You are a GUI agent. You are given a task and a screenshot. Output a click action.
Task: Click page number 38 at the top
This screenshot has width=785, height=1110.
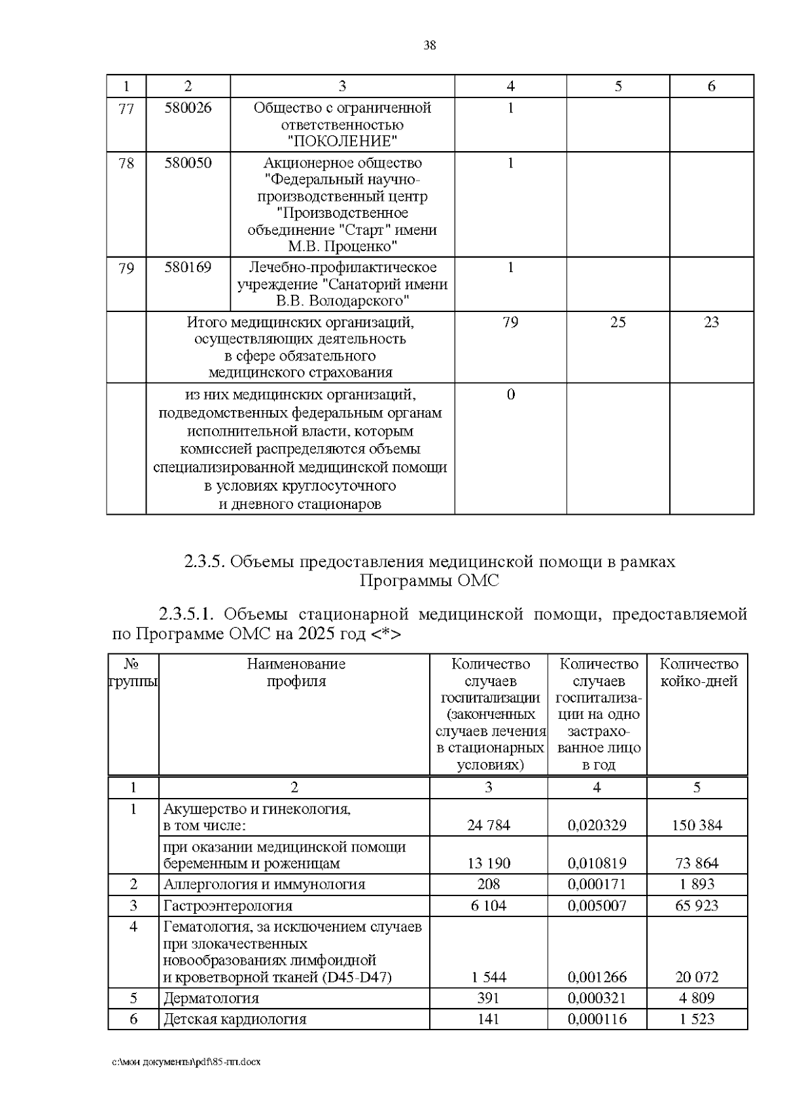tap(429, 45)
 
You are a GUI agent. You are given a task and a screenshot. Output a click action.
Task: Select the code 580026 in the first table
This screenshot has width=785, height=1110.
tap(188, 107)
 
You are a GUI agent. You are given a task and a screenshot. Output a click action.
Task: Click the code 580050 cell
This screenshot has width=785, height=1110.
tap(188, 162)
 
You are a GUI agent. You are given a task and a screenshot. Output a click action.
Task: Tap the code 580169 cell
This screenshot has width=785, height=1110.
tap(188, 267)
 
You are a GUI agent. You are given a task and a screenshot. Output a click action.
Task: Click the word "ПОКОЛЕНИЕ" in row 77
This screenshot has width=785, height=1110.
tap(342, 141)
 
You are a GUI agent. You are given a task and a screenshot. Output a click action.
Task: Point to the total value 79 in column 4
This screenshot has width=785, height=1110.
tap(510, 322)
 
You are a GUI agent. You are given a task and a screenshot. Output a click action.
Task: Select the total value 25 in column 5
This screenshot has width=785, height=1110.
tap(618, 322)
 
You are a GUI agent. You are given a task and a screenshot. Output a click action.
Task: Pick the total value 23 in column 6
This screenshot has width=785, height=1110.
tap(711, 322)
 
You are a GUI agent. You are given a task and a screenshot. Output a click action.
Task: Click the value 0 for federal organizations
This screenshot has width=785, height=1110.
tap(511, 394)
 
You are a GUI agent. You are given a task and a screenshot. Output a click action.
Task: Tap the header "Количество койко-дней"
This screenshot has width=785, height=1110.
tap(698, 672)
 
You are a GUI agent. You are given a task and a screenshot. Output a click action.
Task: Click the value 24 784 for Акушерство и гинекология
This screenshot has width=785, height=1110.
tap(489, 825)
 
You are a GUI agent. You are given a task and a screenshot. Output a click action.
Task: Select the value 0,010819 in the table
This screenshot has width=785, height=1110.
tap(597, 863)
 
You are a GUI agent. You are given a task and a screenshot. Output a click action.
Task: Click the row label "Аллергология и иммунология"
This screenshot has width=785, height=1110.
tap(264, 884)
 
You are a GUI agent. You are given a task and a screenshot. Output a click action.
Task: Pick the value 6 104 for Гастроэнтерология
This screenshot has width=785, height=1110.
tap(489, 906)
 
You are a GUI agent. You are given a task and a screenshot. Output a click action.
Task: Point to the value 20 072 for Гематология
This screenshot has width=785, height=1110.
tap(697, 977)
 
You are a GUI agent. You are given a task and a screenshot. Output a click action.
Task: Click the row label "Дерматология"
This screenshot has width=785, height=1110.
tap(211, 998)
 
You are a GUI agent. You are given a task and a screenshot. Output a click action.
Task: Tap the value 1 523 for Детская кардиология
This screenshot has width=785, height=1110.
tap(697, 1018)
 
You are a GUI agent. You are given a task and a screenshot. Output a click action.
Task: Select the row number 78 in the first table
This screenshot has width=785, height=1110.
tap(126, 162)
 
